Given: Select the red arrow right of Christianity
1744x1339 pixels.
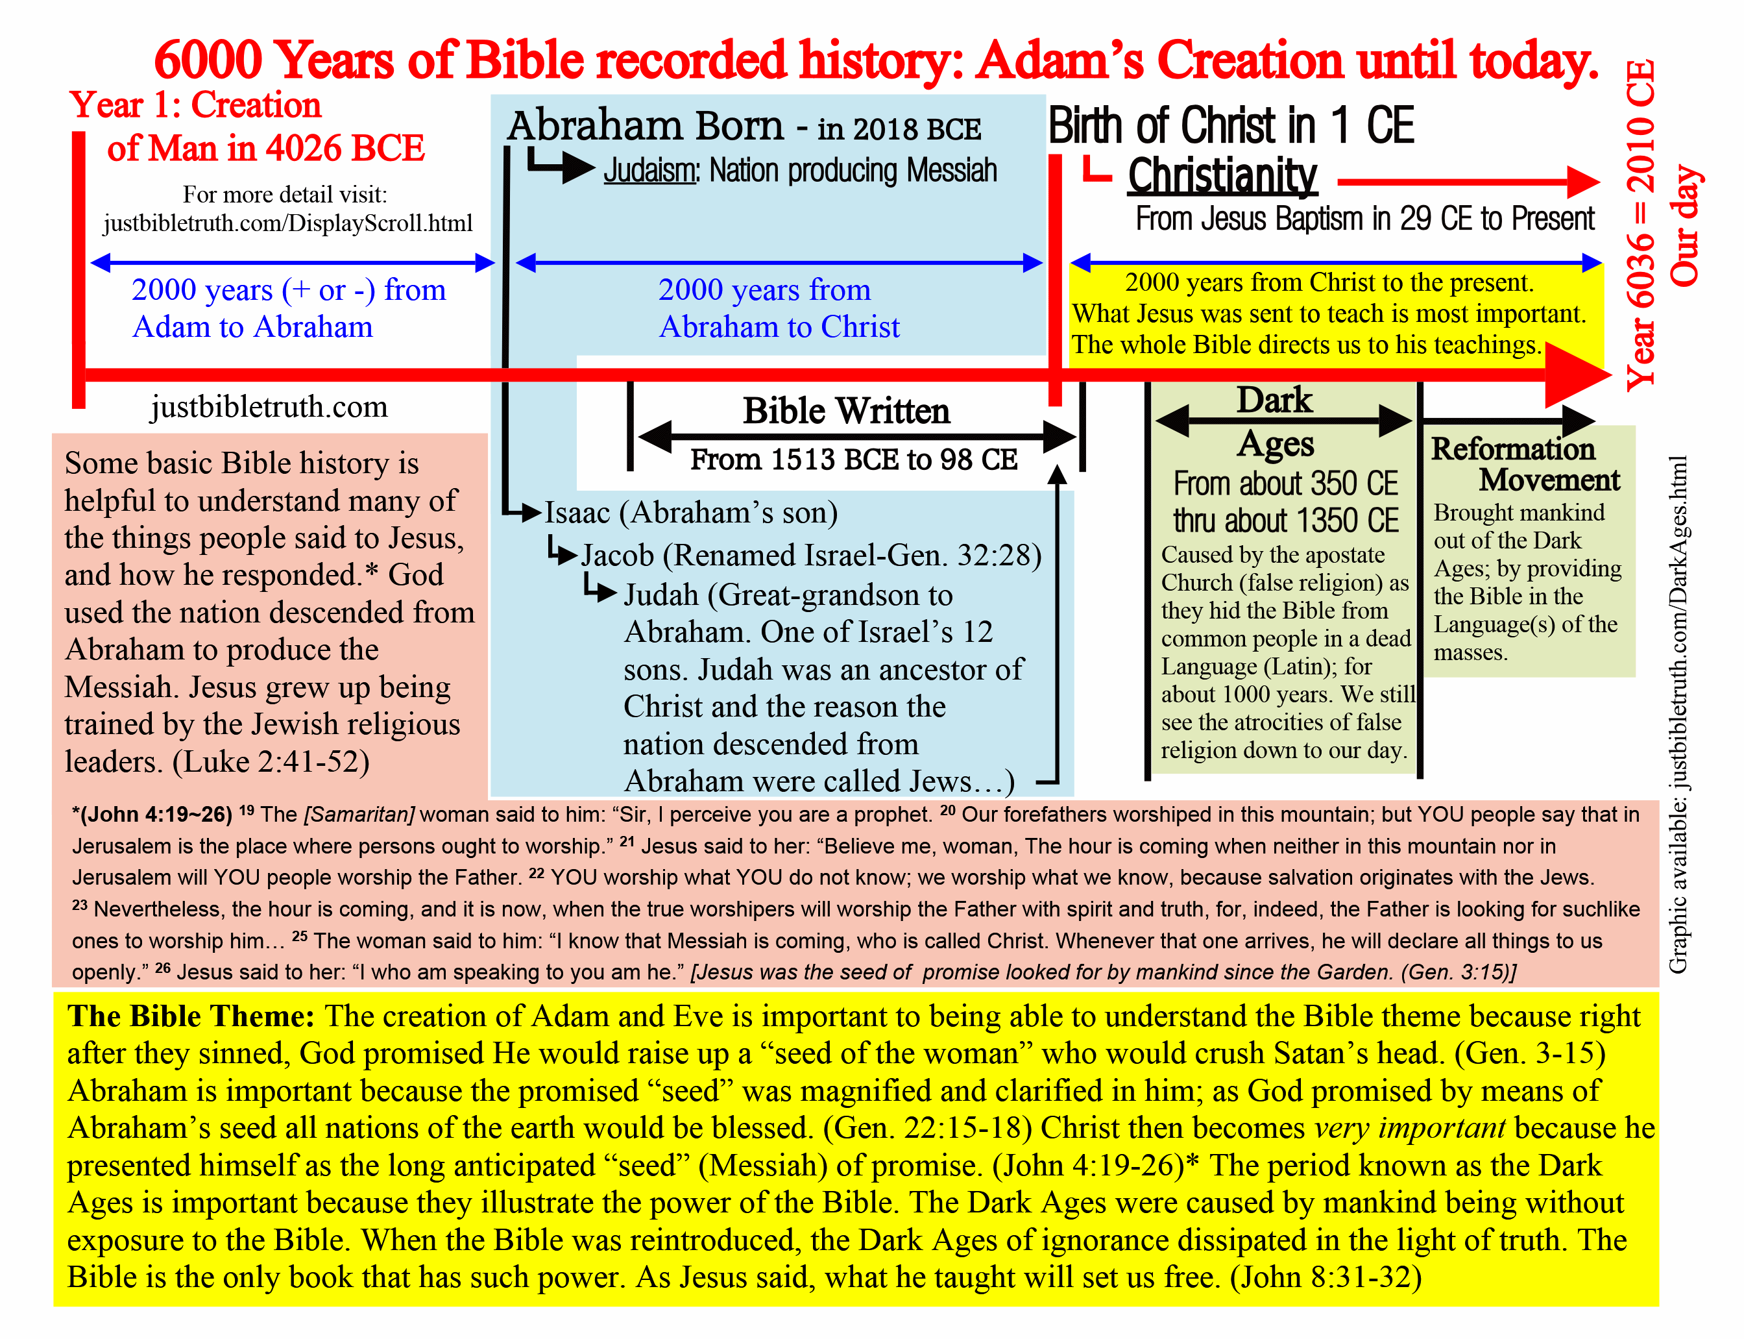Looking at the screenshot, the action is tap(1468, 182).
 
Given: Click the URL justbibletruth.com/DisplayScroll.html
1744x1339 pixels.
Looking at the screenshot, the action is tap(287, 223).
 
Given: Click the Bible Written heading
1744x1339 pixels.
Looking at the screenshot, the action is tap(846, 412).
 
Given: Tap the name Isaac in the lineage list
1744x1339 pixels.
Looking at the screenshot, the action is tap(577, 513).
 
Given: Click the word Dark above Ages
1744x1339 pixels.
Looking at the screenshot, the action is tap(1274, 400).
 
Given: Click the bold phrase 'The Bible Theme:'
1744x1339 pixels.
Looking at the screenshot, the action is tap(191, 1016).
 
